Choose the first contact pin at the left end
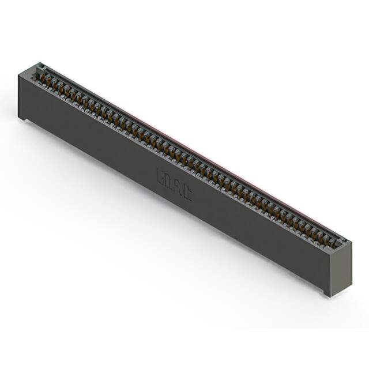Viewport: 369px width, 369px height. [x=42, y=74]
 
